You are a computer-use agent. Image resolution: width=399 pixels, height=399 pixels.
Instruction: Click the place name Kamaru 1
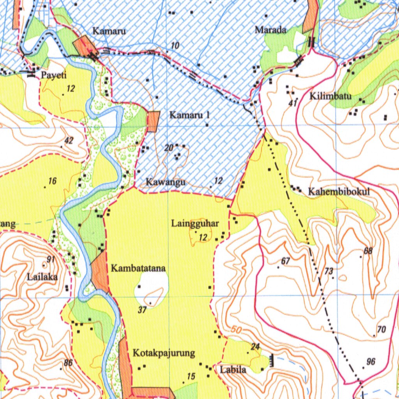pyautogui.click(x=190, y=115)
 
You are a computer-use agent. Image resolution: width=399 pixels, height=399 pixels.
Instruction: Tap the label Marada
pyautogui.click(x=270, y=30)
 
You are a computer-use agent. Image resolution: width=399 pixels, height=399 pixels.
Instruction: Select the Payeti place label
pyautogui.click(x=54, y=76)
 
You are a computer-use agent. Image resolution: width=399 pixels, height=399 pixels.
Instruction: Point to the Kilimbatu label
pyautogui.click(x=330, y=96)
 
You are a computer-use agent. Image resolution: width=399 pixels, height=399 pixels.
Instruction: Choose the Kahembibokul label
pyautogui.click(x=338, y=192)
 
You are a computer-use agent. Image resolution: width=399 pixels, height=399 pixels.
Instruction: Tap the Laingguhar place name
pyautogui.click(x=195, y=224)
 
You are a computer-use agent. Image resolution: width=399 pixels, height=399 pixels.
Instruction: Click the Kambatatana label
pyautogui.click(x=138, y=268)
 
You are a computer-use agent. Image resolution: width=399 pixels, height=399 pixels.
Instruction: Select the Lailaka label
pyautogui.click(x=42, y=277)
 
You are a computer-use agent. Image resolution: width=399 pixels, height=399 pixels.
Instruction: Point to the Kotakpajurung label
pyautogui.click(x=164, y=353)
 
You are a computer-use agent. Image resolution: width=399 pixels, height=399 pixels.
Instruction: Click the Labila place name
pyautogui.click(x=233, y=369)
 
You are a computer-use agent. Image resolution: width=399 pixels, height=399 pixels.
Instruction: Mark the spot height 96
pyautogui.click(x=371, y=362)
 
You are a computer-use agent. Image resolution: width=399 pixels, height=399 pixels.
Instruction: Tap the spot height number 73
pyautogui.click(x=329, y=271)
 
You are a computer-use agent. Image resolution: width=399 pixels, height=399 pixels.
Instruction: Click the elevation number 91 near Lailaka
pyautogui.click(x=51, y=260)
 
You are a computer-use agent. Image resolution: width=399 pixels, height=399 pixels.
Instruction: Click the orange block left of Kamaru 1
pyautogui.click(x=153, y=122)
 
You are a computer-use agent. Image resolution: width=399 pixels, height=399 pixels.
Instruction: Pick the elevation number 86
pyautogui.click(x=68, y=363)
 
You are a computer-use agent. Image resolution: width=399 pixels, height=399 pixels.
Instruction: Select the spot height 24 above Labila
pyautogui.click(x=255, y=346)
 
